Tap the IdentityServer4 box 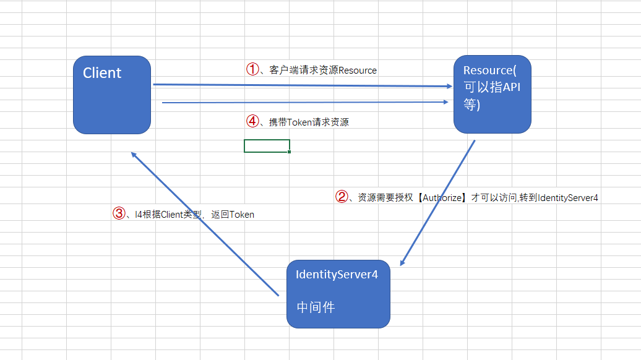338,294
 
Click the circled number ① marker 252,69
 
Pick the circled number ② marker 342,197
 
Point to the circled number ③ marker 119,213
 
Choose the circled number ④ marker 252,121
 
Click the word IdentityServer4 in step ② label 568,198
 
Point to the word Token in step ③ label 242,215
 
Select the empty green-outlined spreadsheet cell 267,146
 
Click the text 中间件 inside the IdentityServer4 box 316,307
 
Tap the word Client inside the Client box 102,73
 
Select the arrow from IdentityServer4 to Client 204,223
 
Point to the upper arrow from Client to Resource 303,86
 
